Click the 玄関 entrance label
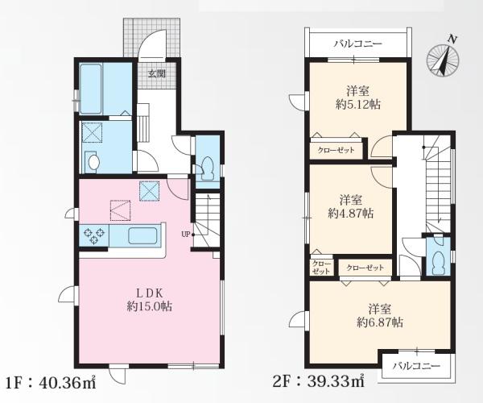tap(157, 73)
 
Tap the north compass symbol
tap(443, 59)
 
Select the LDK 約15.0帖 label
tap(150, 299)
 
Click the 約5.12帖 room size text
tap(358, 105)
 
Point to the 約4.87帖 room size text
tap(351, 213)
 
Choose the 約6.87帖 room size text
tap(380, 322)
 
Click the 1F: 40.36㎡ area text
tap(51, 383)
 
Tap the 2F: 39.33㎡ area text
tap(319, 381)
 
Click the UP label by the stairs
tap(185, 235)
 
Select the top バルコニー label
tap(358, 44)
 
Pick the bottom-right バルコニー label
tap(416, 366)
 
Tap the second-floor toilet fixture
tap(437, 262)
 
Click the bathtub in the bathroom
tap(90, 89)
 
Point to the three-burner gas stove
tap(94, 235)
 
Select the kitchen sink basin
tap(142, 235)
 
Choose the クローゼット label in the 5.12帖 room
tap(336, 151)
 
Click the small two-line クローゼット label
tap(321, 268)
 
